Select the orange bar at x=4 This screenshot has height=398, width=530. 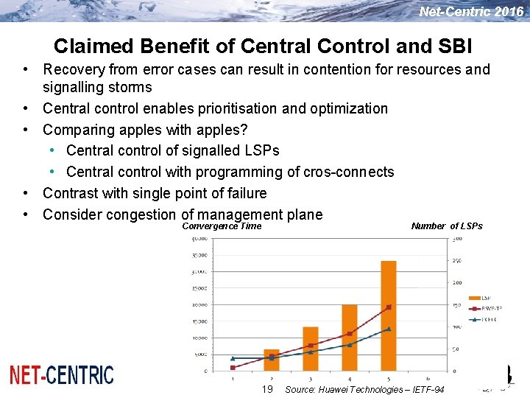click(350, 338)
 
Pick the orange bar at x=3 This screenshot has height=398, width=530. click(311, 349)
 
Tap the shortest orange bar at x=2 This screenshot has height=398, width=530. click(272, 360)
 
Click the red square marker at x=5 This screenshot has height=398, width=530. click(389, 307)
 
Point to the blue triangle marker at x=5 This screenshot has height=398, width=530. click(389, 329)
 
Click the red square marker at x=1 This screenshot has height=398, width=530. click(233, 367)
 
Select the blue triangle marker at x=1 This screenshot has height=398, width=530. click(233, 358)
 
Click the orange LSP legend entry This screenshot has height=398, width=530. click(486, 298)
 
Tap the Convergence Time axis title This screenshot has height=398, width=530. click(222, 226)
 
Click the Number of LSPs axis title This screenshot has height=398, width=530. click(447, 226)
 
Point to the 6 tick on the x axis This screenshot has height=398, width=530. click(427, 379)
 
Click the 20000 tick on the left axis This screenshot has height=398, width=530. click(198, 304)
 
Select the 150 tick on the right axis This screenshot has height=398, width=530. click(456, 304)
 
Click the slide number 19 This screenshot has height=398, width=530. click(267, 389)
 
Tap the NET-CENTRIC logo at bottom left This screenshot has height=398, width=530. click(62, 375)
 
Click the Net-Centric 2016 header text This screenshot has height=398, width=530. click(471, 12)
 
